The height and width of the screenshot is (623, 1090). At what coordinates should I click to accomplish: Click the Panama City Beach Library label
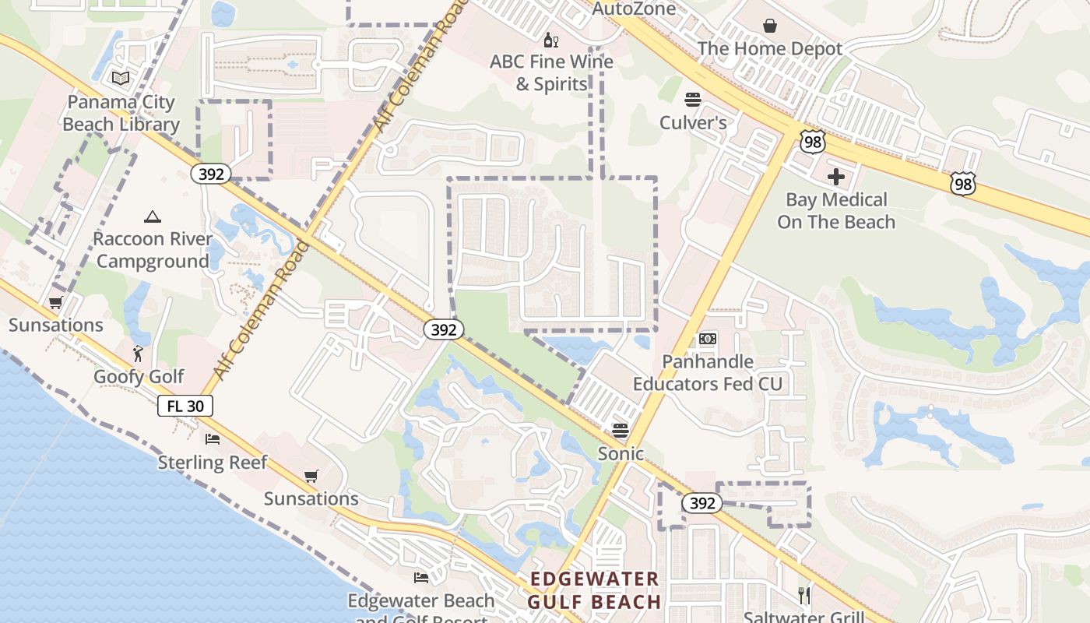pos(121,113)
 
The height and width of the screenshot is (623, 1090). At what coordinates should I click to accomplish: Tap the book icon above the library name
pos(120,78)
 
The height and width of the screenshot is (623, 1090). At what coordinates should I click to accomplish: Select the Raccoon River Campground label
pos(153,250)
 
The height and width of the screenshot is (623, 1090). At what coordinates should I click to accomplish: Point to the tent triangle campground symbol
pos(152,216)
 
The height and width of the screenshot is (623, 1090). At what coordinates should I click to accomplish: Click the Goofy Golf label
pos(139,377)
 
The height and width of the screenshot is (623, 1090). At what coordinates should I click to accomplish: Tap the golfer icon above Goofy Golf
pos(139,354)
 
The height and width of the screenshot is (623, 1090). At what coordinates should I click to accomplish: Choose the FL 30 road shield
pos(185,406)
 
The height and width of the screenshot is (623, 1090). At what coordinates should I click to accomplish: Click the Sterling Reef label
pos(213,463)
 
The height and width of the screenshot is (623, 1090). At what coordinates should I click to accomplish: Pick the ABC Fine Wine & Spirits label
pos(551,72)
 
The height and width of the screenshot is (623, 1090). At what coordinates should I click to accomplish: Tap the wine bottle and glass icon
pos(551,40)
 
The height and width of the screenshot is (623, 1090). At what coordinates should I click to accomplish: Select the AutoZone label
pos(634,9)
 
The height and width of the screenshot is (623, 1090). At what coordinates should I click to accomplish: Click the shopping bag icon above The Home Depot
pos(770,26)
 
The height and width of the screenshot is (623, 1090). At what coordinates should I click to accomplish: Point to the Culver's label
pos(693,122)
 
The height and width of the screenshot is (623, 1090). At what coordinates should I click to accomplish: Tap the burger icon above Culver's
pos(693,100)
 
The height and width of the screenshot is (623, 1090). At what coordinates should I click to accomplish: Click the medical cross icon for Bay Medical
pos(836,177)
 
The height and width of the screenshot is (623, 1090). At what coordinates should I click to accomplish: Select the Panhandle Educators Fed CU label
pos(708,373)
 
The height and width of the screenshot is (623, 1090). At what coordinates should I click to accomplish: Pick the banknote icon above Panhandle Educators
pos(708,339)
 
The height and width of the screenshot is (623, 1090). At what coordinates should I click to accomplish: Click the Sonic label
pos(621,453)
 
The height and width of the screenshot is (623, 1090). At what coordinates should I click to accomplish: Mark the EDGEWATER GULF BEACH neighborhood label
pos(595,590)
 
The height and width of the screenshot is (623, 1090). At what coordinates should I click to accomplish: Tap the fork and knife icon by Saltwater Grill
pos(804,596)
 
